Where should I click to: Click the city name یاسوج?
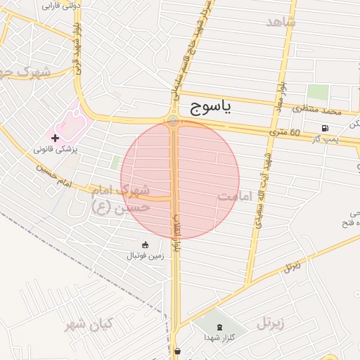[209, 107]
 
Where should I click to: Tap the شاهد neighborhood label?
[281, 22]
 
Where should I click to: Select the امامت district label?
[236, 196]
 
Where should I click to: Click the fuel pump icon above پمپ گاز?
[325, 128]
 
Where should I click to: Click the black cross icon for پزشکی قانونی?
[56, 137]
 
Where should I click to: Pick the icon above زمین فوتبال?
[145, 245]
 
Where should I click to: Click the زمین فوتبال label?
[145, 256]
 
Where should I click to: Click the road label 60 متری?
[284, 132]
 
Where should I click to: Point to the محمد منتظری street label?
[317, 110]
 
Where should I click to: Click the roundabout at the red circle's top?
[174, 121]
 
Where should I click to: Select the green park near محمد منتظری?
[318, 91]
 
